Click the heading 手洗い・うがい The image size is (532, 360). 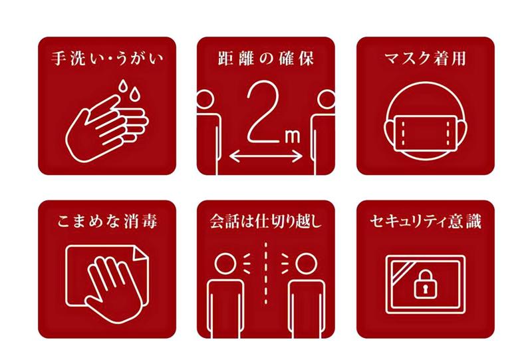click(107, 58)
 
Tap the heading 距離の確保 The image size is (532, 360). click(265, 58)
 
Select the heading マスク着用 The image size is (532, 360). click(426, 58)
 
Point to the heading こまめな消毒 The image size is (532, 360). click(107, 222)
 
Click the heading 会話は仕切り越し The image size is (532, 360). click(265, 222)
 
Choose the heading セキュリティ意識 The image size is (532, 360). click(426, 222)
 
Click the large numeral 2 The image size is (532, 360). click(263, 111)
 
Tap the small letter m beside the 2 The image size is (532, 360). click(293, 136)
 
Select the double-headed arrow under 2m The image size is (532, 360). click(265, 156)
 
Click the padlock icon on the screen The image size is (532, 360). click(425, 284)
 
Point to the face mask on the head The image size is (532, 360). click(426, 133)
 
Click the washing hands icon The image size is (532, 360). click(106, 121)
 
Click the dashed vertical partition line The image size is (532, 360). click(265, 273)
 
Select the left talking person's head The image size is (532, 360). click(225, 264)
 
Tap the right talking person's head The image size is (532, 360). click(307, 264)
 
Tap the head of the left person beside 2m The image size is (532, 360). click(205, 99)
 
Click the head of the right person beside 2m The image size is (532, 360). click(326, 99)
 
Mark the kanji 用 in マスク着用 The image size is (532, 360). click(458, 58)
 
